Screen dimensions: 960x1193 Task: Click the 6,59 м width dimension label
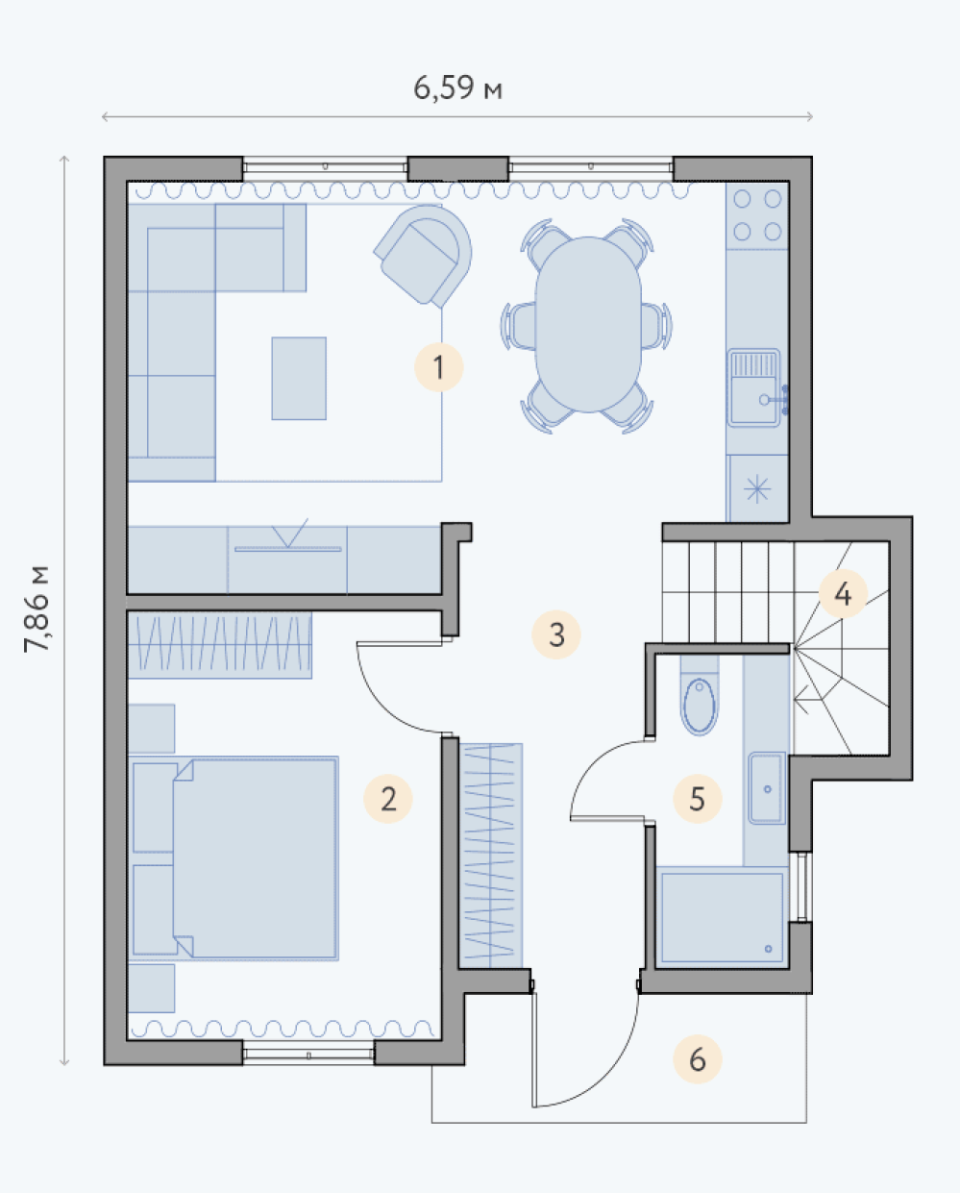click(x=457, y=88)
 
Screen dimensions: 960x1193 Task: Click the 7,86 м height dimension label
click(x=37, y=609)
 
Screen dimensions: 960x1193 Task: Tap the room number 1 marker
click(x=438, y=367)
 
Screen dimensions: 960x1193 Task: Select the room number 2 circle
click(x=388, y=799)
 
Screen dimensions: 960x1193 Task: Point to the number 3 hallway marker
click(x=556, y=634)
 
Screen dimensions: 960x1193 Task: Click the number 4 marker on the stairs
click(x=843, y=594)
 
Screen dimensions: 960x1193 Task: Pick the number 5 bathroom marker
click(x=698, y=799)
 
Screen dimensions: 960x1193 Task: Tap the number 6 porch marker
click(x=698, y=1059)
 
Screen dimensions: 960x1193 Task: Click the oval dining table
click(x=588, y=324)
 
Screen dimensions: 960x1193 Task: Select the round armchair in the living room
click(x=424, y=256)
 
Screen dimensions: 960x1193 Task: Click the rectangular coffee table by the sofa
click(x=299, y=378)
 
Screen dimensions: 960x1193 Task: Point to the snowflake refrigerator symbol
click(x=756, y=489)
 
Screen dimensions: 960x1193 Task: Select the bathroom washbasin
click(x=767, y=787)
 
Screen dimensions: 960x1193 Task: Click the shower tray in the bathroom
click(x=723, y=917)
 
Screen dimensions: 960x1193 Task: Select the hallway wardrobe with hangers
click(x=490, y=856)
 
